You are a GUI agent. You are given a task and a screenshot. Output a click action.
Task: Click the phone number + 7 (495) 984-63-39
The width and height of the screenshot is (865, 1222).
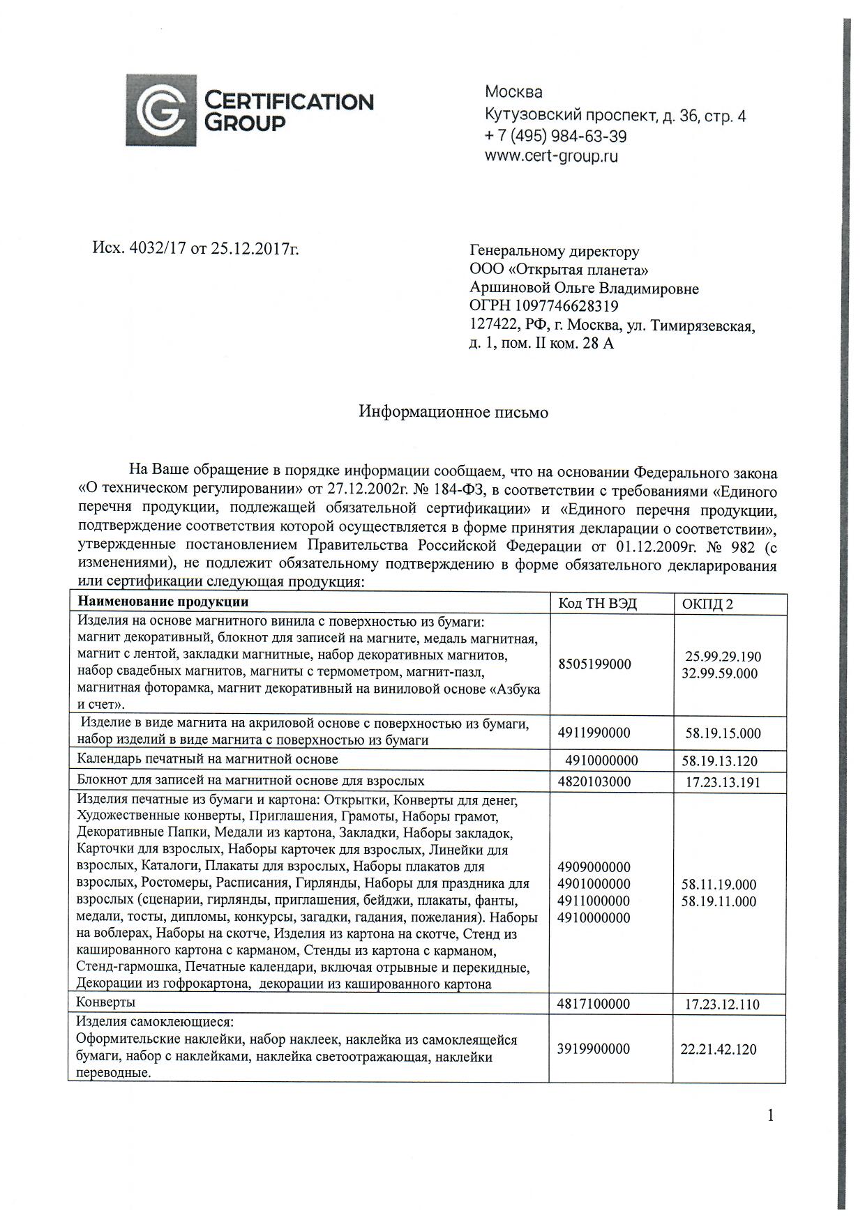point(555,136)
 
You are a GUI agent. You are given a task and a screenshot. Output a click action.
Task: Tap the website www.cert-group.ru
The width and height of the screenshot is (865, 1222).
point(551,156)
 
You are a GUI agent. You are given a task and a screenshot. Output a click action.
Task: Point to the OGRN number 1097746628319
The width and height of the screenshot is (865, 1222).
point(566,306)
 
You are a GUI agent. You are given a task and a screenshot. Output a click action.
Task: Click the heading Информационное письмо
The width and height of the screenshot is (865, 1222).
point(453,412)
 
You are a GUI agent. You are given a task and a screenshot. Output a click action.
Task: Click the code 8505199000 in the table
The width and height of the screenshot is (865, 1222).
point(594,664)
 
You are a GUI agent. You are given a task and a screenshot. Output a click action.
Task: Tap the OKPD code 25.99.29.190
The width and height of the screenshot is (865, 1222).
point(723,657)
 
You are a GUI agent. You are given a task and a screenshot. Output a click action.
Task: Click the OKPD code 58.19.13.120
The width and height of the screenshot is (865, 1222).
point(719,761)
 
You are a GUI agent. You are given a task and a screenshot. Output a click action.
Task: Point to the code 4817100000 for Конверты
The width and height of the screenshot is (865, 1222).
point(594,1004)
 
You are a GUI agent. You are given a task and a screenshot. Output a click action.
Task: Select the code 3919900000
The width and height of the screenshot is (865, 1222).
point(594,1049)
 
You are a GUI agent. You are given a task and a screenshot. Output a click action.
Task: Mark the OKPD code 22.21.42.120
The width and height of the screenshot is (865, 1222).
point(719,1050)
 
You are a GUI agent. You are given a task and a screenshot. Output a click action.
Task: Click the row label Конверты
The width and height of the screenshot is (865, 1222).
point(106,1002)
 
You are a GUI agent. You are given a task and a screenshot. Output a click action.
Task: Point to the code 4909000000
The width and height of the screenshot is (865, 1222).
point(594,868)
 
